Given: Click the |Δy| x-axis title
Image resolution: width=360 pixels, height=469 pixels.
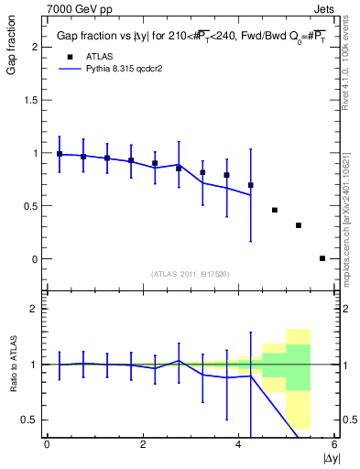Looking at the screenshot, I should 330,456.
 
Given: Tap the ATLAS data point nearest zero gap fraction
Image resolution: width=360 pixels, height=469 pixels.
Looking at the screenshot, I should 322,258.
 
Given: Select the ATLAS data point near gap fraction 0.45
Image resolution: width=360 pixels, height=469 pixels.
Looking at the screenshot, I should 274,210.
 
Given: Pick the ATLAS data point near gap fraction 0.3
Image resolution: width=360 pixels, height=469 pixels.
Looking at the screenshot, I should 299,225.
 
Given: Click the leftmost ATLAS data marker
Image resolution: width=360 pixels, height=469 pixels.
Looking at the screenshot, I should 60,154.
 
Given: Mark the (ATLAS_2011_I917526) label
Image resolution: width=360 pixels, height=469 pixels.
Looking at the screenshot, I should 190,274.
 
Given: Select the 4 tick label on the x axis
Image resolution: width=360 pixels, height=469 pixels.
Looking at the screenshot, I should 239,444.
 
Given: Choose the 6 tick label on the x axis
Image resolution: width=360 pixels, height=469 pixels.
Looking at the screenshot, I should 334,444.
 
